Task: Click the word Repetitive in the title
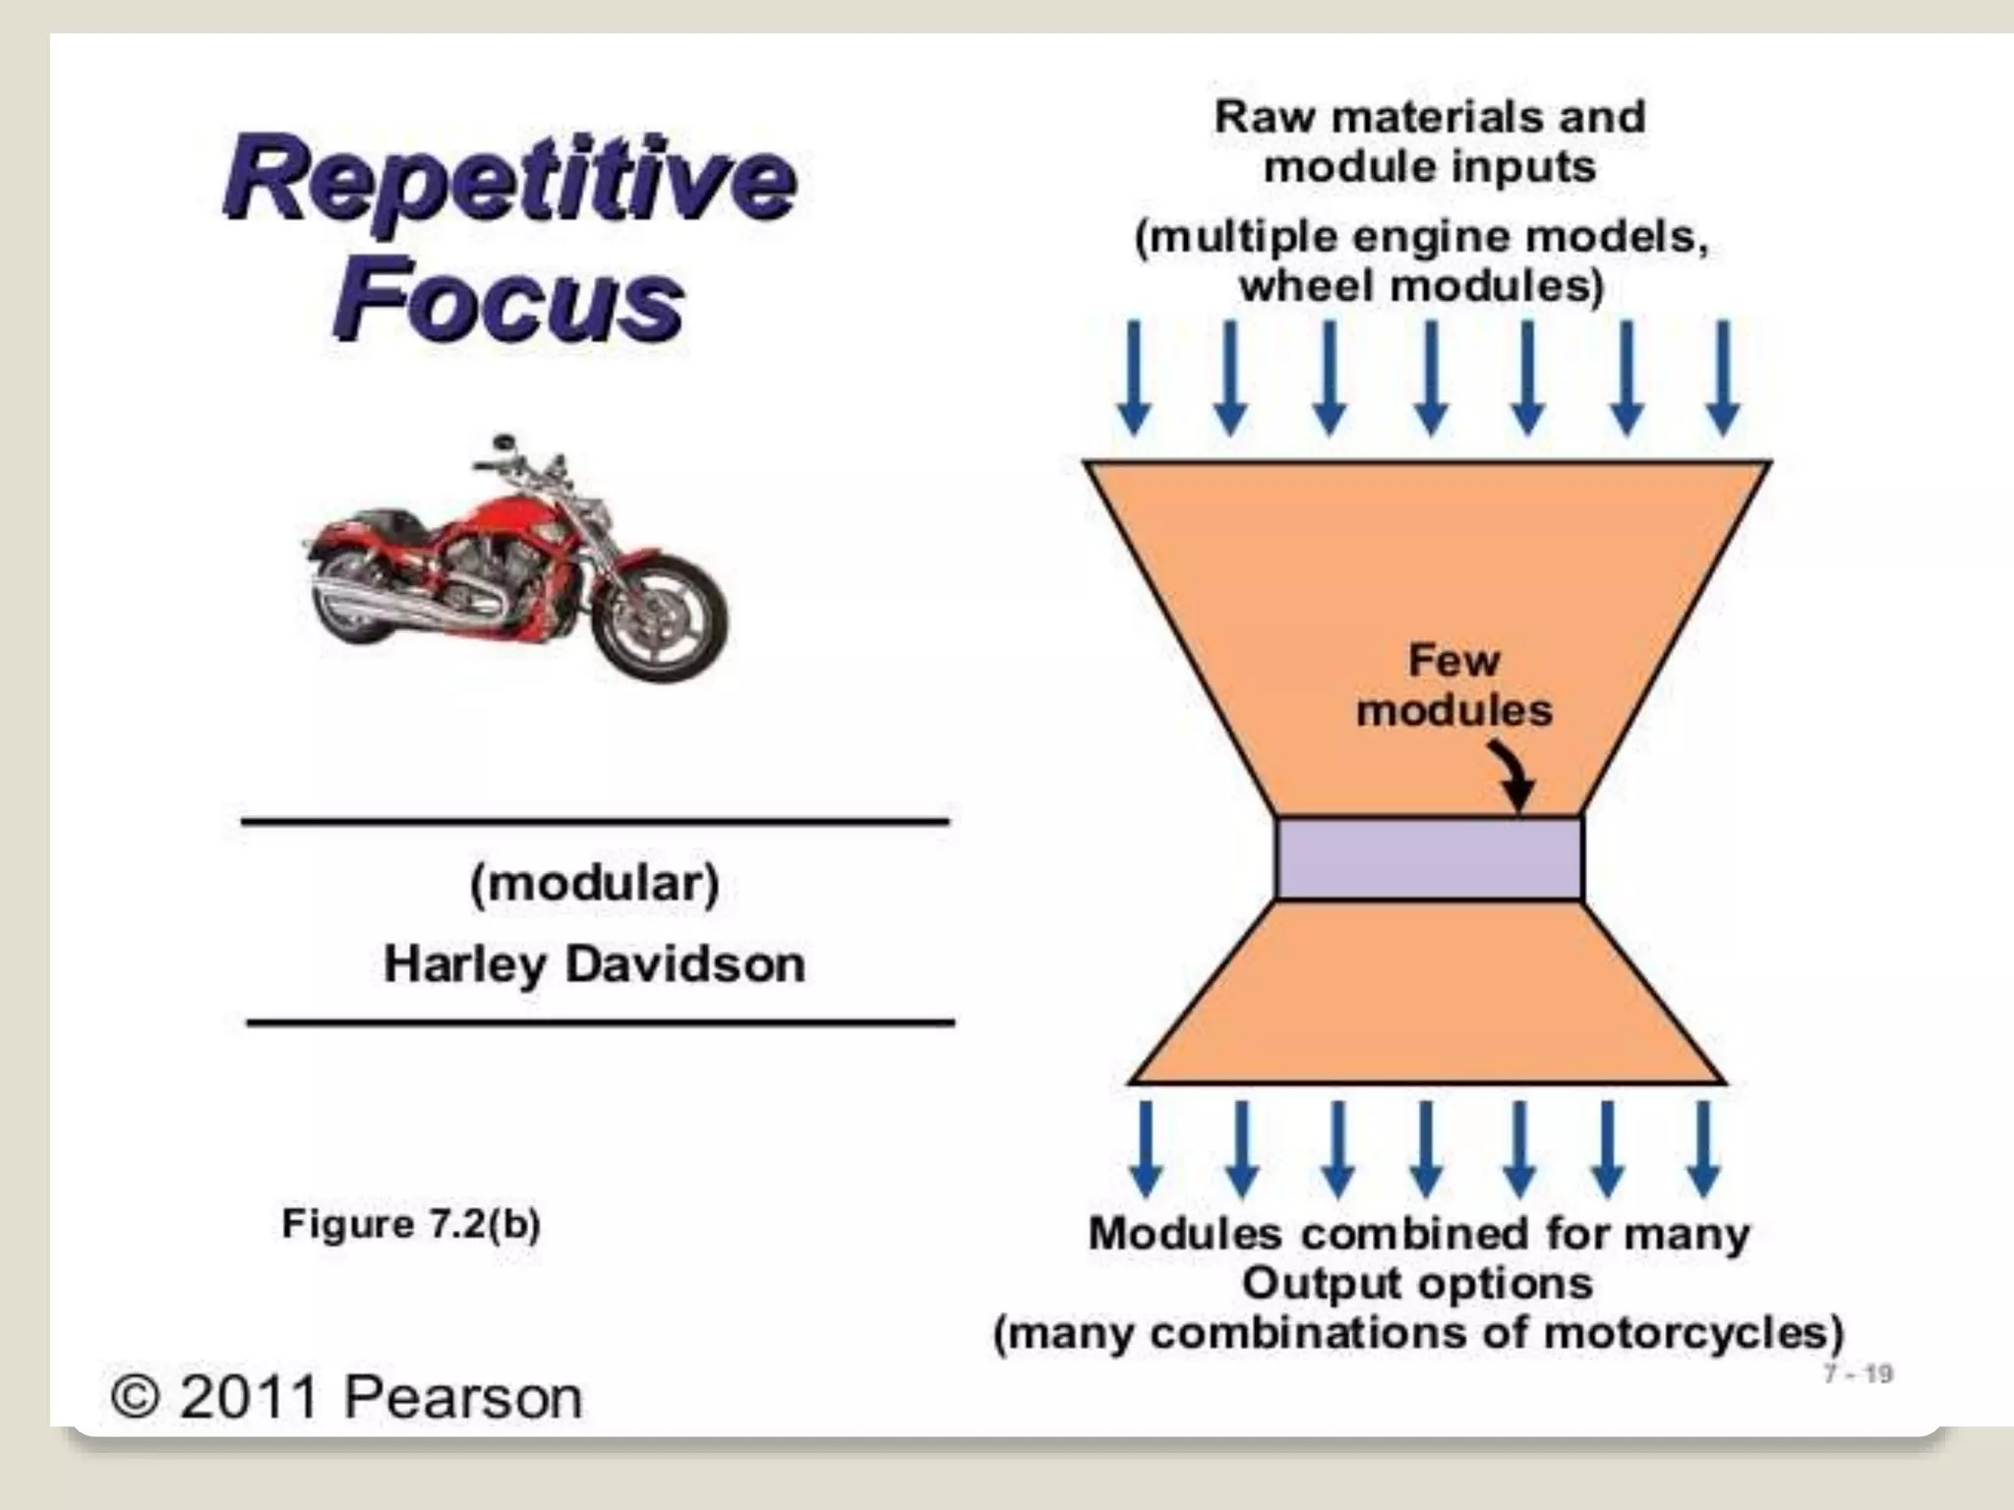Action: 509,180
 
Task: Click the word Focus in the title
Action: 507,299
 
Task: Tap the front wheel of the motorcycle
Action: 663,618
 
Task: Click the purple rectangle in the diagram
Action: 1429,859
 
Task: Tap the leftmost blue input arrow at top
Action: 1135,378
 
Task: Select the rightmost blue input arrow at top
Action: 1722,378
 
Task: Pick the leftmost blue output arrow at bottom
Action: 1147,1148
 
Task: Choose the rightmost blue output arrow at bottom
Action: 1703,1148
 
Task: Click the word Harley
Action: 464,964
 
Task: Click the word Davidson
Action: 685,964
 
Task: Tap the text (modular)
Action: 595,883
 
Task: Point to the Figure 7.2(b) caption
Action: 411,1225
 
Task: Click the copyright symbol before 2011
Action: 136,1397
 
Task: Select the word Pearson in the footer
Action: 462,1397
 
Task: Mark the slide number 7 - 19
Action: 1858,1373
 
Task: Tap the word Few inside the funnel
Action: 1453,660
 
